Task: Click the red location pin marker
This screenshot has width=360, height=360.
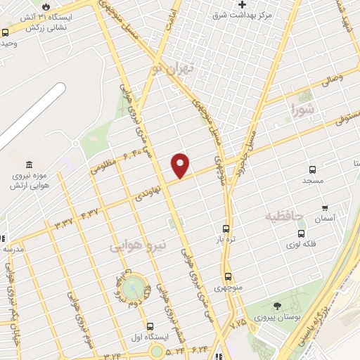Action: click(x=181, y=165)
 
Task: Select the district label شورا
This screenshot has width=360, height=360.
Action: click(x=304, y=108)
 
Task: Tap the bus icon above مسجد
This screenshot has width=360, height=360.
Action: click(x=313, y=169)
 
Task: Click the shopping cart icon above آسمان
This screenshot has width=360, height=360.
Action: click(x=325, y=207)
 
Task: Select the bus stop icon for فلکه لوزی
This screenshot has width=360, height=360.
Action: click(x=301, y=233)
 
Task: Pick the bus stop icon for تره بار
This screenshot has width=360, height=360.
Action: click(x=226, y=229)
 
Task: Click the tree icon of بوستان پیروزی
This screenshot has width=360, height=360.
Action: click(x=278, y=305)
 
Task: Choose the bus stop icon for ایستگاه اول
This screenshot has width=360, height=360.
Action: click(x=150, y=326)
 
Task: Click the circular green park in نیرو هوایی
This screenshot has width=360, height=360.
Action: click(x=131, y=288)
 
